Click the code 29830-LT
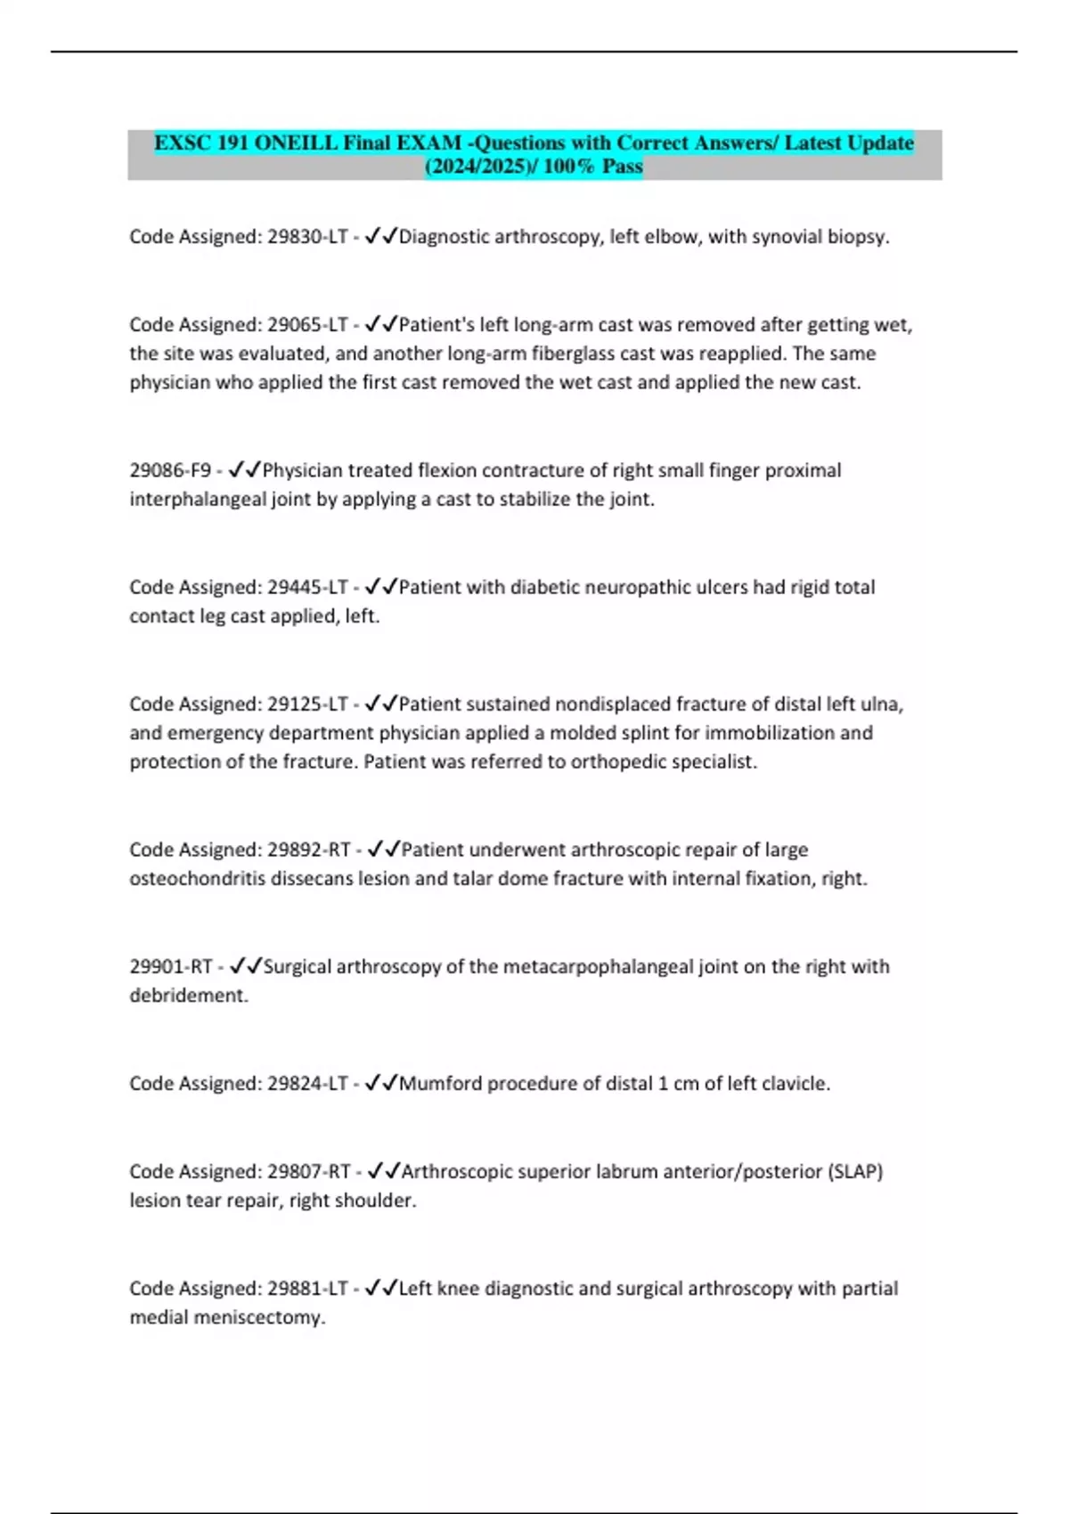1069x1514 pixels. click(306, 237)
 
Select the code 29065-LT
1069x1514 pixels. click(306, 325)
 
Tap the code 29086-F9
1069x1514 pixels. click(170, 470)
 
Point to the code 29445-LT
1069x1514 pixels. click(306, 588)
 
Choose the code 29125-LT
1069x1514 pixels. click(306, 704)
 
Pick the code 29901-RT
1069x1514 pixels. click(171, 967)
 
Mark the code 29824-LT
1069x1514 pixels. click(306, 1084)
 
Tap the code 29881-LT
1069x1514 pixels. click(306, 1289)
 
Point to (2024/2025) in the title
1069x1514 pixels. click(477, 167)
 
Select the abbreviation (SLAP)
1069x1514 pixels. click(855, 1172)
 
